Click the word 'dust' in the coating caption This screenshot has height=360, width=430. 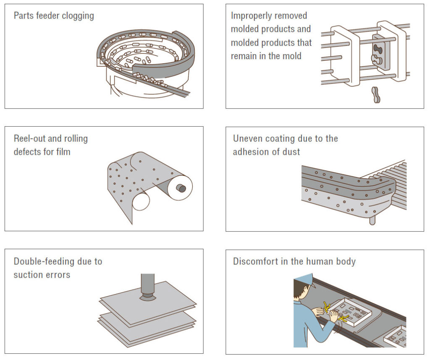[x=291, y=152]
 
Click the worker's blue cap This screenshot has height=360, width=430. [x=304, y=279]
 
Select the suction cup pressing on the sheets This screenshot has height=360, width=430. [x=147, y=297]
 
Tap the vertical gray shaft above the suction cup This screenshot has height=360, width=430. [x=147, y=282]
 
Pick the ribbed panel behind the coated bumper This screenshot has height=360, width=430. [x=393, y=185]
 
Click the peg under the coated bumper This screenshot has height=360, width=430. [x=372, y=220]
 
